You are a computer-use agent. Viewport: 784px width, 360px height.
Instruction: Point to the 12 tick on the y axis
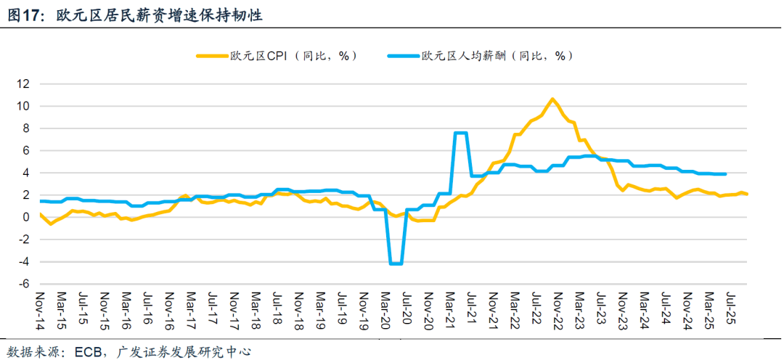[x=23, y=84]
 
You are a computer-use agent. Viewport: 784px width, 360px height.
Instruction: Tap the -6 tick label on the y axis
[x=23, y=284]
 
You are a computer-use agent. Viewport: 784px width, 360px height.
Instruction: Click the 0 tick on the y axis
[x=26, y=217]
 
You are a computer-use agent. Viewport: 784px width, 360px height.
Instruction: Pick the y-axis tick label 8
[x=26, y=128]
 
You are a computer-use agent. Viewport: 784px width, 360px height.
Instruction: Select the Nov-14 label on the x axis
[x=40, y=308]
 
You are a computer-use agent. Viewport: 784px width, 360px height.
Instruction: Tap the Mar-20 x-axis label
[x=385, y=308]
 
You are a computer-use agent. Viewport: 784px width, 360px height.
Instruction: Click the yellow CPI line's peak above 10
[x=552, y=99]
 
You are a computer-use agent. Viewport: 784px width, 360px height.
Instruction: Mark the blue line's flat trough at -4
[x=396, y=263]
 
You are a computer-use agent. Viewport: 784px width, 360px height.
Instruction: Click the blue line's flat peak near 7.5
[x=460, y=133]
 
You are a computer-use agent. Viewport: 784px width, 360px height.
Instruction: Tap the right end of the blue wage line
[x=726, y=173]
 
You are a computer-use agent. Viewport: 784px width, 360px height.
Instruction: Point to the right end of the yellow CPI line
[x=748, y=194]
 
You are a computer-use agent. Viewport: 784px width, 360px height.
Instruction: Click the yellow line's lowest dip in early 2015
[x=50, y=224]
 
